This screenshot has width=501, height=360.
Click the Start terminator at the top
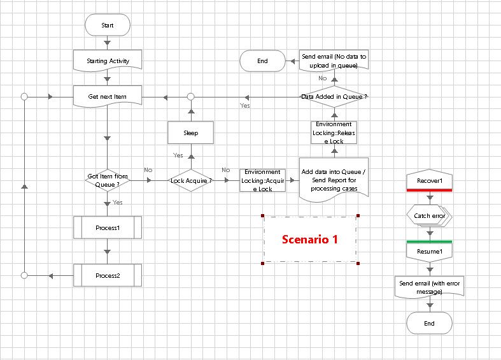[107, 25]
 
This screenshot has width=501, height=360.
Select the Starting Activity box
[107, 61]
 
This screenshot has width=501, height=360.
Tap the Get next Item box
[107, 97]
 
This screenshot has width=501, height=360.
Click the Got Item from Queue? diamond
[107, 180]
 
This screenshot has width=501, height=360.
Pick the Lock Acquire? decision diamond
[190, 180]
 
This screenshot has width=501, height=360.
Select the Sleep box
[190, 133]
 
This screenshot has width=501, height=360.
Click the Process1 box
[107, 227]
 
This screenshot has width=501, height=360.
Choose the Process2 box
[107, 276]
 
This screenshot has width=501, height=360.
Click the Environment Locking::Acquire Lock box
[262, 180]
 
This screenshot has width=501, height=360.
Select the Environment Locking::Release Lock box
[334, 133]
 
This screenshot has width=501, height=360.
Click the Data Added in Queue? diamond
[334, 97]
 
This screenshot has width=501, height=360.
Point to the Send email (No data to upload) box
[334, 61]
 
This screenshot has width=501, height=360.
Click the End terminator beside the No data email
[262, 61]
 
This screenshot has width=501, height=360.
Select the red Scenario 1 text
[310, 240]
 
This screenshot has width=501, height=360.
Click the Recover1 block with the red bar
[429, 181]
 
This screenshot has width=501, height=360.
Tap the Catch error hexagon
[429, 216]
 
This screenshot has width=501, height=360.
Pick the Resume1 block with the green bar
[429, 251]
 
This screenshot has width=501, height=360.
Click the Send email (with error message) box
[429, 287]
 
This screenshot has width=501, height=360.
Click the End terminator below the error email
[429, 323]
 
